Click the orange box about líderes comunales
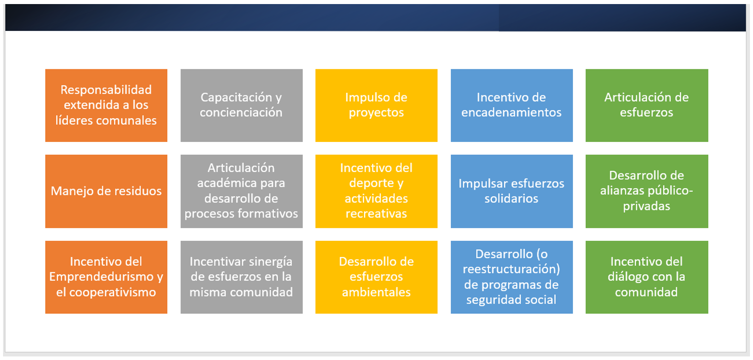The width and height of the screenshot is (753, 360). point(106,105)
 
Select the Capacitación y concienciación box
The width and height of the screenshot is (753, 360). point(241,105)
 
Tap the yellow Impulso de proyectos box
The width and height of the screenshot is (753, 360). point(376,105)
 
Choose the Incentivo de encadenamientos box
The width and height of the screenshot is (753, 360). point(512,105)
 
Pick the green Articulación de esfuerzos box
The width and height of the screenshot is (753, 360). point(647,105)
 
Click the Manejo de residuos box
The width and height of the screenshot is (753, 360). point(106,191)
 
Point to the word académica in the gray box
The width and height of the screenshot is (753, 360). point(241,183)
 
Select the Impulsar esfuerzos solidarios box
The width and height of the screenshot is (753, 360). point(512,191)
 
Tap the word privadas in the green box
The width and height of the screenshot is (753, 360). point(647,206)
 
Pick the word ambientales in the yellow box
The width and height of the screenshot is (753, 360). point(376,292)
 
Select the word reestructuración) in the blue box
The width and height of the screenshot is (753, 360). point(511,269)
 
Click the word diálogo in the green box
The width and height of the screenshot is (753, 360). point(626,277)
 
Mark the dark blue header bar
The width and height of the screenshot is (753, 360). point(376,18)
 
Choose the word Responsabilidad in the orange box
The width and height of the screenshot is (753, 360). point(106,90)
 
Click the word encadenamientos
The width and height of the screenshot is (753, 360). point(511,113)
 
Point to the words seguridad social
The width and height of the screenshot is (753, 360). point(511,300)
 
